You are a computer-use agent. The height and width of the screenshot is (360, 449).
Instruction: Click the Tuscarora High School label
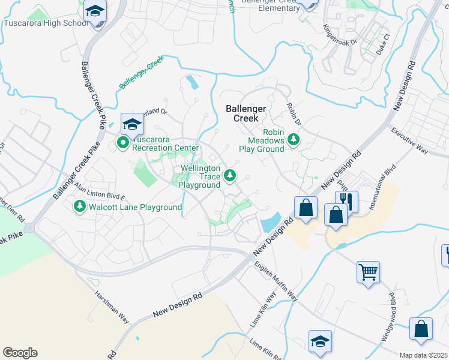coord(46,23)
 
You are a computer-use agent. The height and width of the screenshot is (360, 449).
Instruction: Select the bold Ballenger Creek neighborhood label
coord(246,113)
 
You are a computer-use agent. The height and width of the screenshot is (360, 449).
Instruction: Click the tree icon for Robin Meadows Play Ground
coord(294,140)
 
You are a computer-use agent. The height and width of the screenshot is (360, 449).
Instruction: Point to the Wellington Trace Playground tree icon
coord(229,175)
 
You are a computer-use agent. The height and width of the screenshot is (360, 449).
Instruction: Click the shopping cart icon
coord(367,271)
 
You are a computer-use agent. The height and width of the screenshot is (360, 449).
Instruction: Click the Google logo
coord(20,353)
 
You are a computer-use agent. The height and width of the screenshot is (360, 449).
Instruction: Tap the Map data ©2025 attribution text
coord(424,355)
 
